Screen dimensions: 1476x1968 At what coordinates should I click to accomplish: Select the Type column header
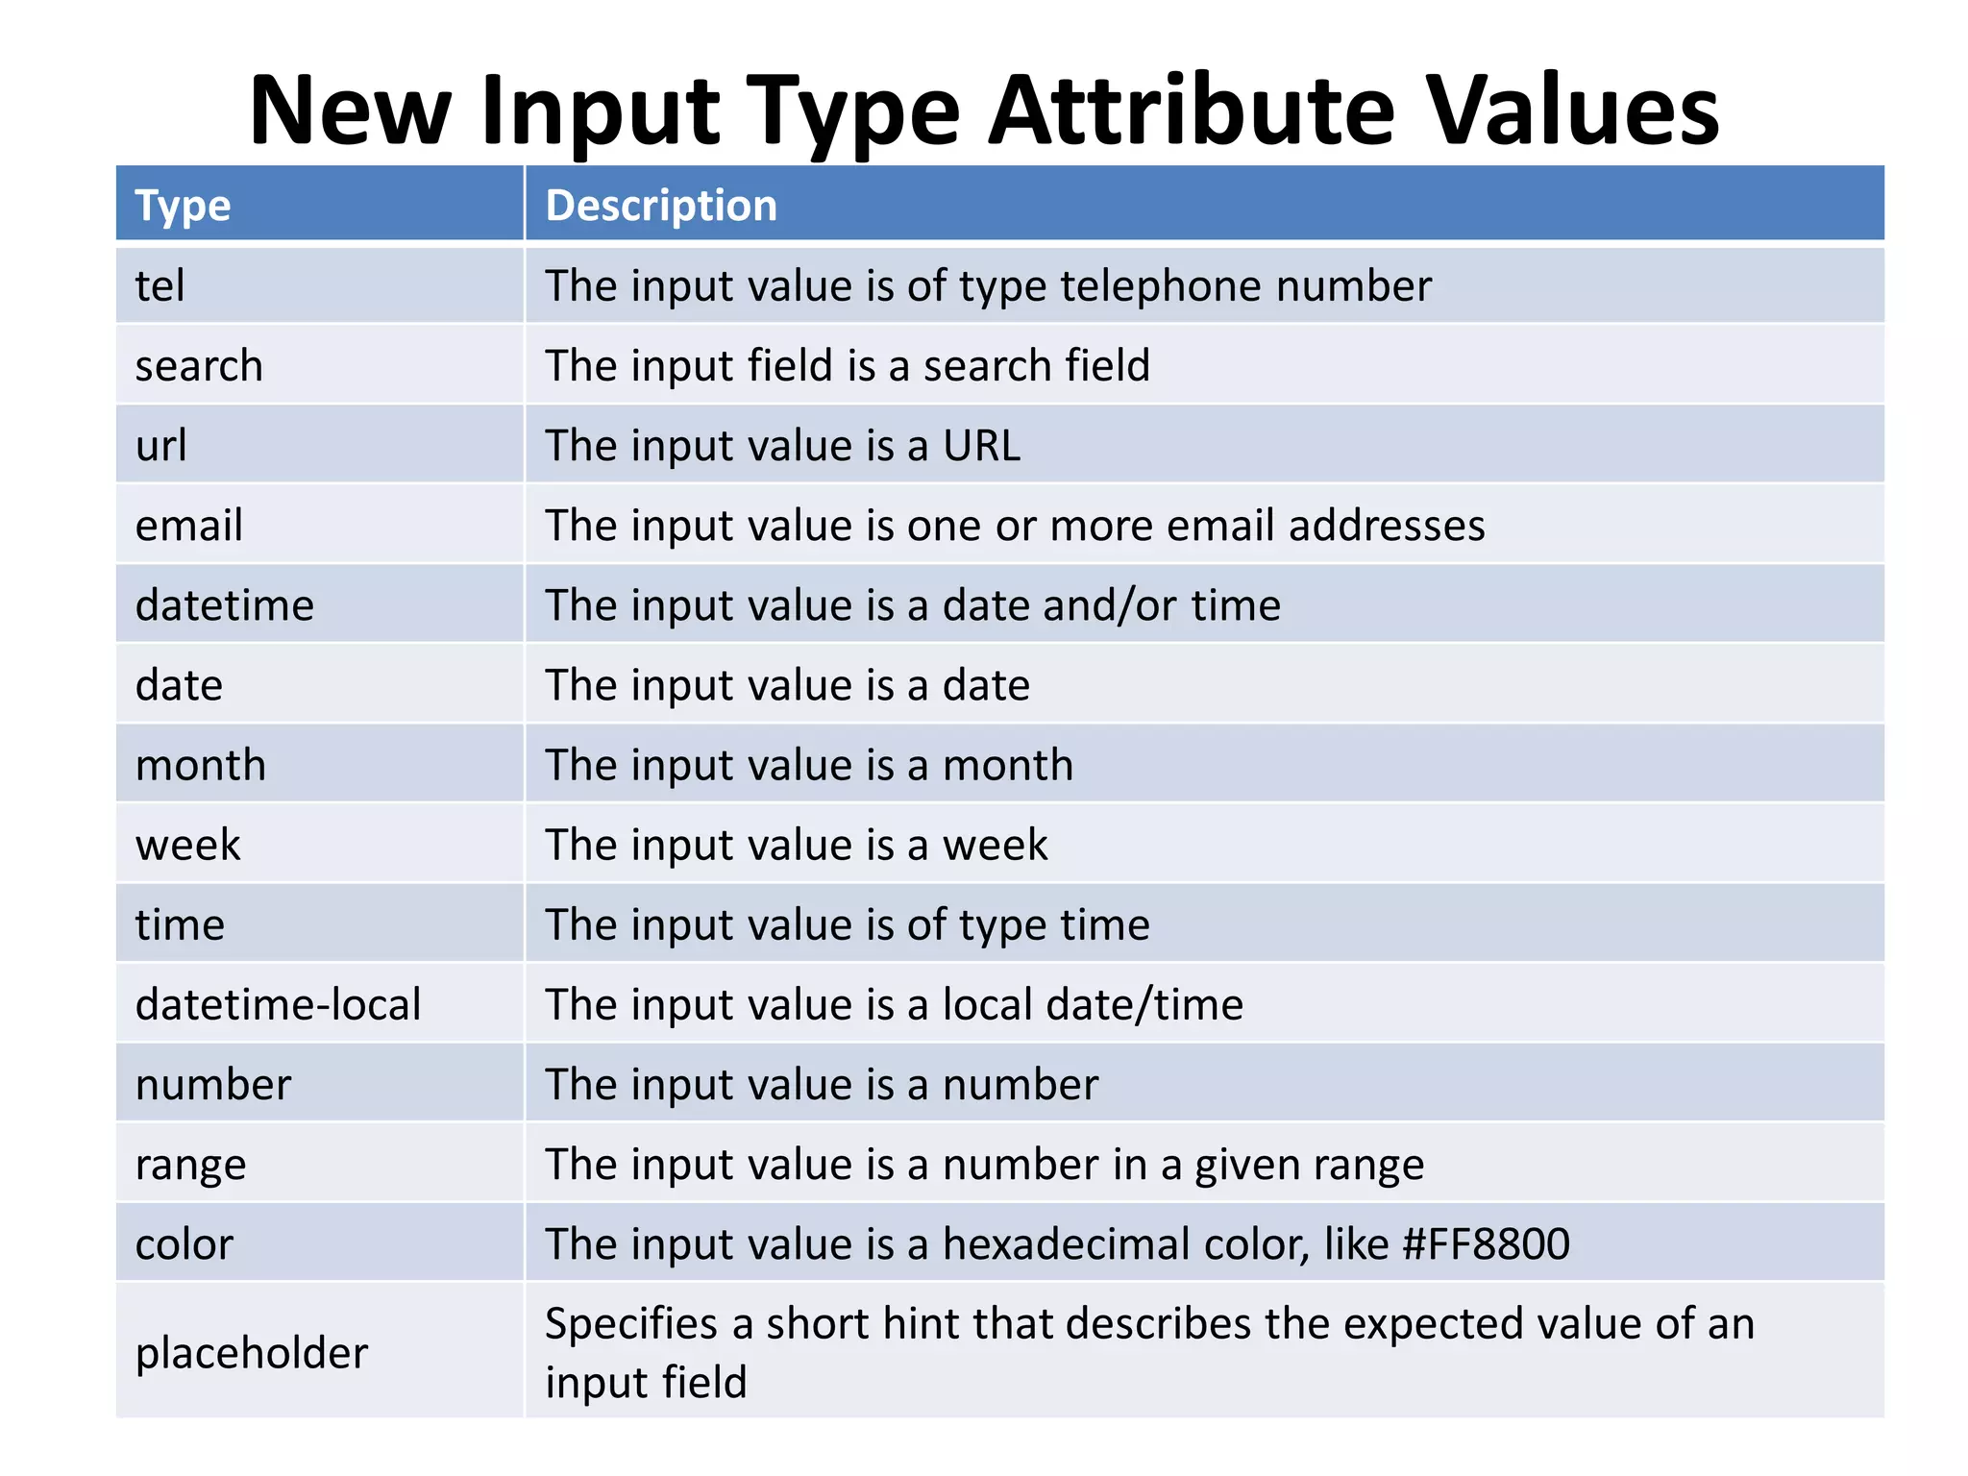click(183, 206)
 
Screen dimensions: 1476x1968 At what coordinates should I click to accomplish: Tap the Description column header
click(661, 206)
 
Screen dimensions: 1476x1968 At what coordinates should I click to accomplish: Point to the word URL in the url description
click(981, 446)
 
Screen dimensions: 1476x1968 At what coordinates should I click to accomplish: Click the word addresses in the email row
click(1386, 526)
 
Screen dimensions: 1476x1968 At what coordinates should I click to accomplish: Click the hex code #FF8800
click(1486, 1244)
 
